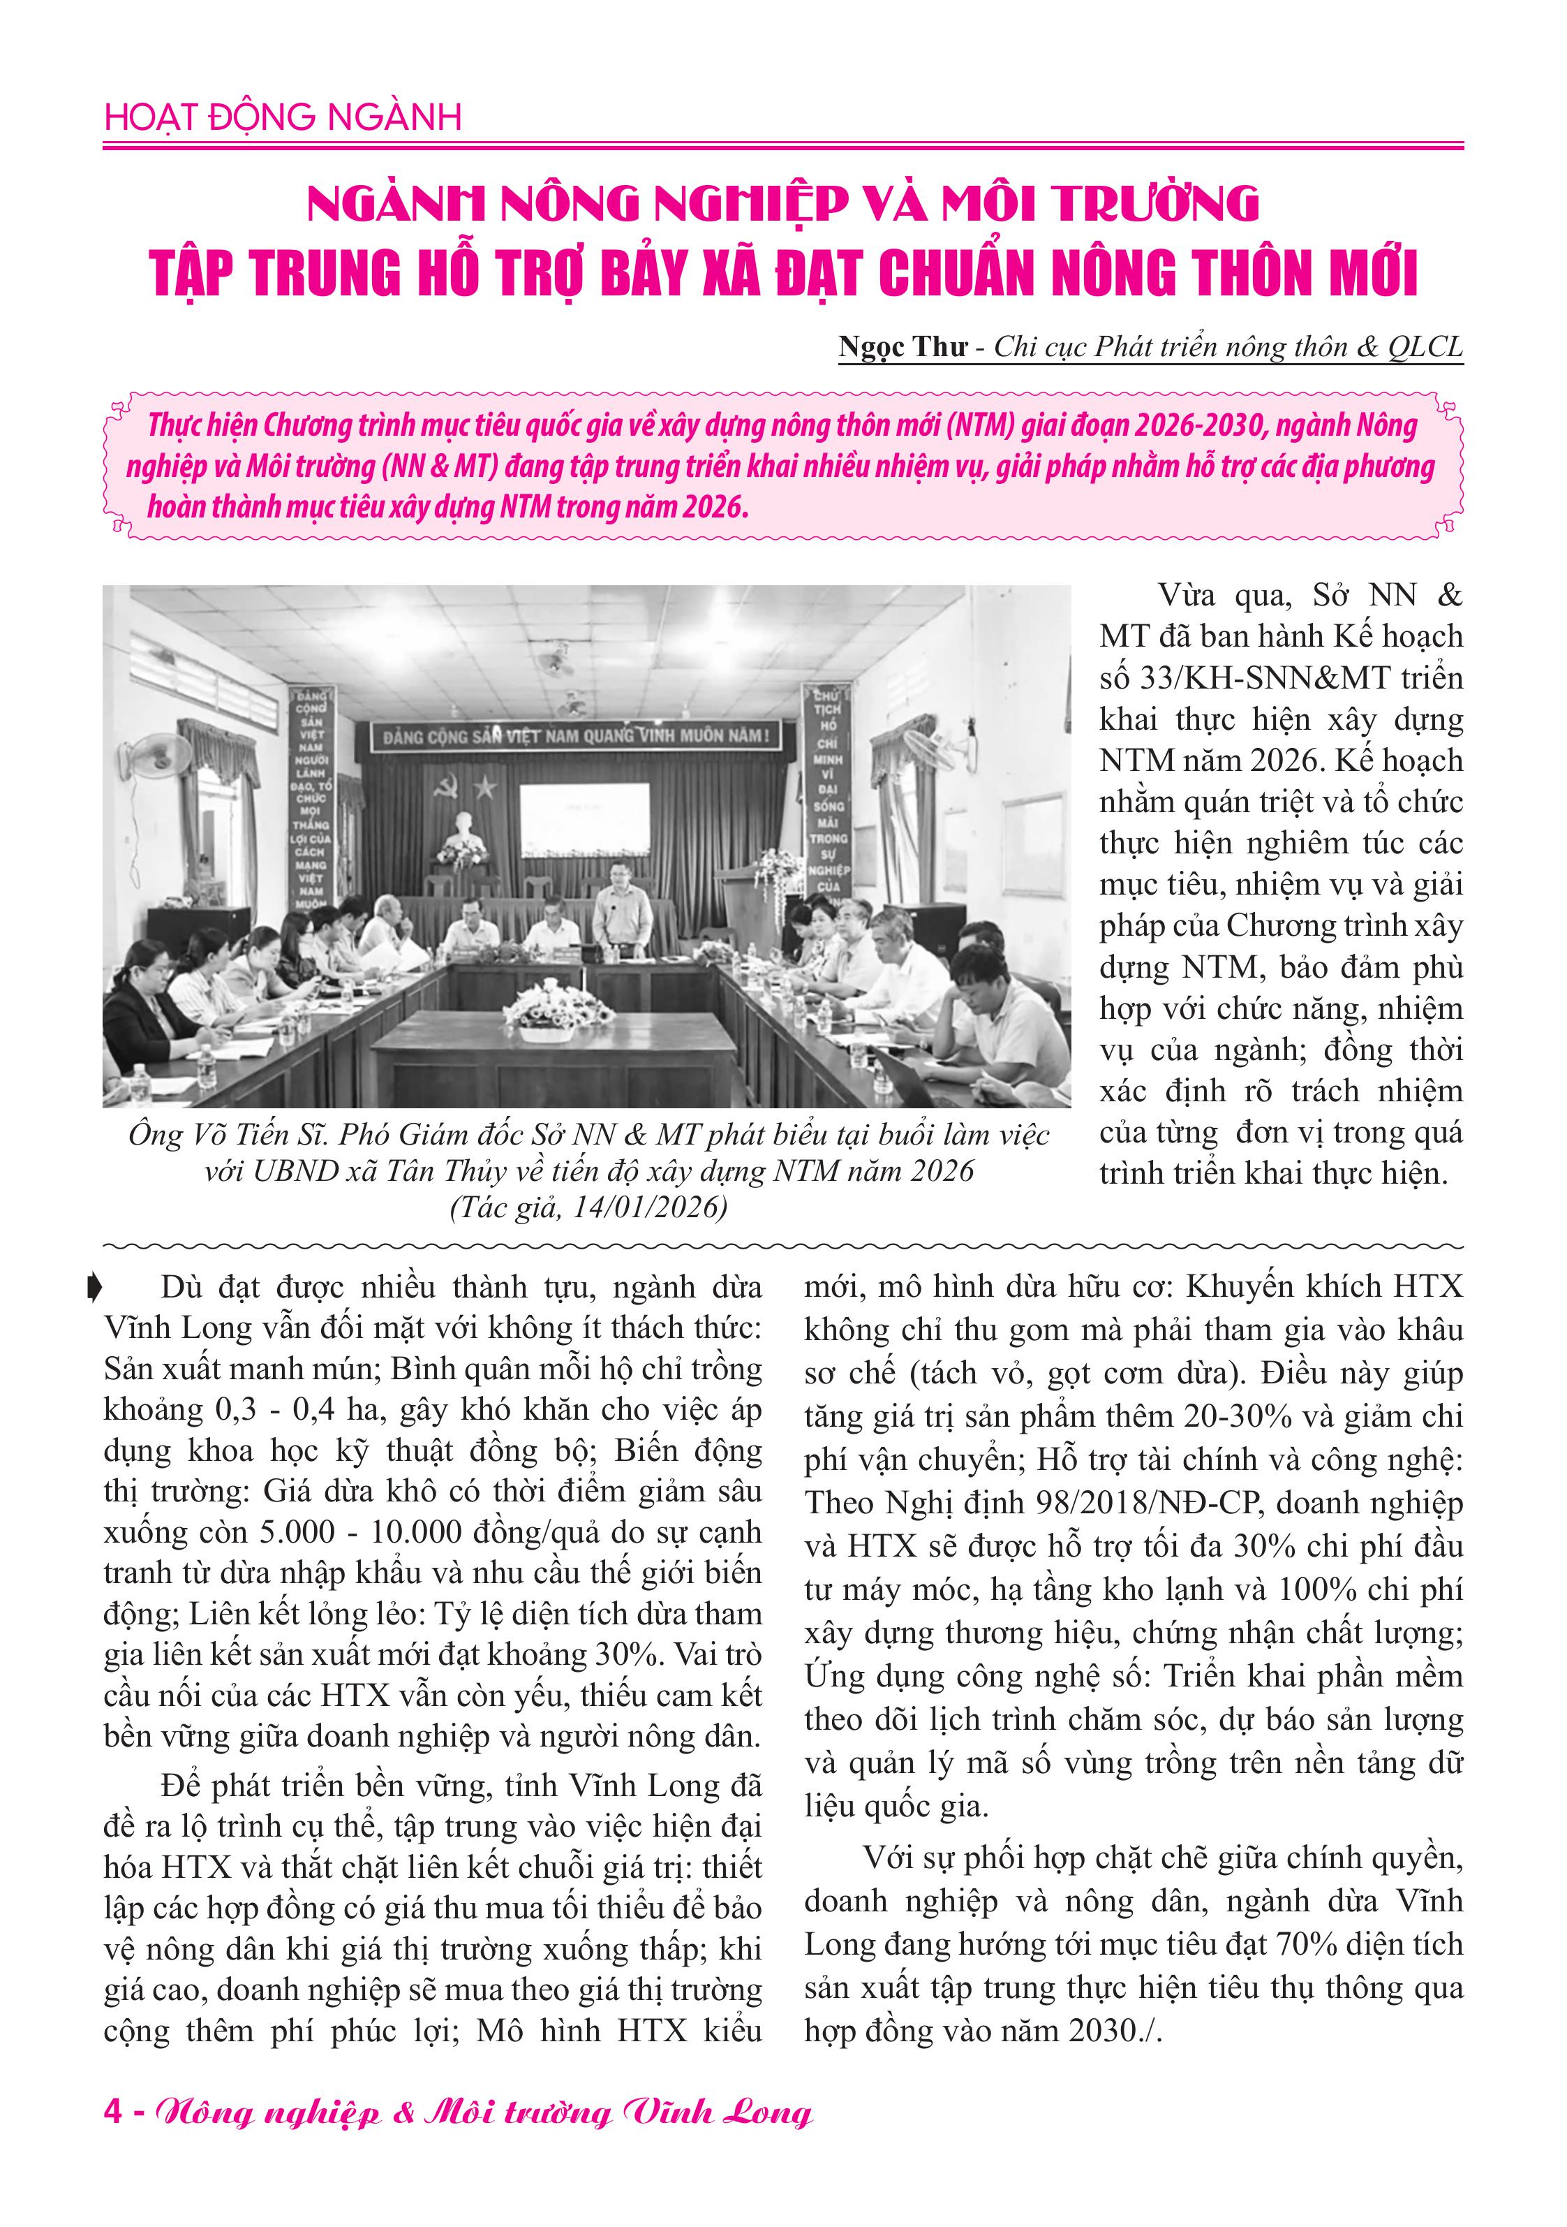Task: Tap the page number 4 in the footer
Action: (114, 2112)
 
